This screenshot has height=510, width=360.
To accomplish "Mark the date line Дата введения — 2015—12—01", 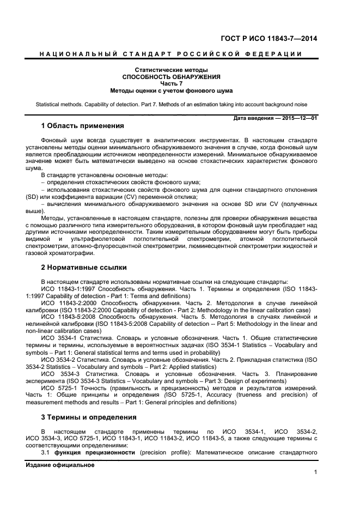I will click(x=275, y=118).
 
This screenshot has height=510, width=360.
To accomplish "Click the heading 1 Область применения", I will click(x=79, y=126).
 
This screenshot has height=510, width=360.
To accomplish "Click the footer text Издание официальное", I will click(x=60, y=465).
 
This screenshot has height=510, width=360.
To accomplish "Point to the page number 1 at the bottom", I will click(x=315, y=472).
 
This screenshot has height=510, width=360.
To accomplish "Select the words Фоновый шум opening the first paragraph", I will click(x=62, y=140).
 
